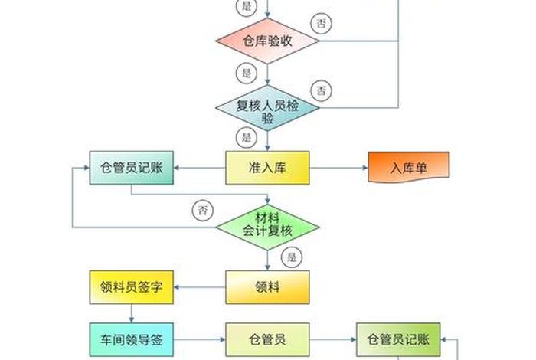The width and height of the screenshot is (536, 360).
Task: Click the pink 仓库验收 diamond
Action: (x=267, y=41)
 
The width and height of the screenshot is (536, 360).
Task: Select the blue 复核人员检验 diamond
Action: (x=267, y=110)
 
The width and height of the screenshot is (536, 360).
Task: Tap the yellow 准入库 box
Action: (x=267, y=168)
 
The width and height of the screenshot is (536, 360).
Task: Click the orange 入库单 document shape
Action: (x=408, y=168)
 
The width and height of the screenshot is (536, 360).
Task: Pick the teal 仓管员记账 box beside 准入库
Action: (x=132, y=168)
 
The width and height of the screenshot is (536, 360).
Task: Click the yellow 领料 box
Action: (x=267, y=286)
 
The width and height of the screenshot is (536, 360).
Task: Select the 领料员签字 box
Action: (x=132, y=286)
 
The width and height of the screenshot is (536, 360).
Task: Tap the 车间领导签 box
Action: (x=132, y=338)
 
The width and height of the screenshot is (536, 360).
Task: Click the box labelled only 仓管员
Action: (x=267, y=338)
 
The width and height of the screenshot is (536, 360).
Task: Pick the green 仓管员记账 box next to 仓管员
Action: (x=398, y=338)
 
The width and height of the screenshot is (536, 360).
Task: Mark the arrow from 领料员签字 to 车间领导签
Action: (x=132, y=313)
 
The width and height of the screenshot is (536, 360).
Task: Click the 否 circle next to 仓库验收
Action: (x=322, y=23)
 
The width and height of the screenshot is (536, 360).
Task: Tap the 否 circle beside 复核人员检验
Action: (x=322, y=90)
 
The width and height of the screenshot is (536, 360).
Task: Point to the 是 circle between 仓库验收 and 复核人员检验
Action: (x=246, y=74)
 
